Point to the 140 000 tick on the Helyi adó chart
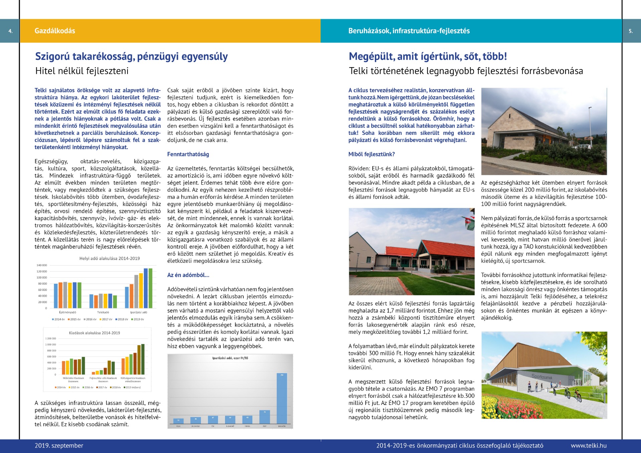click(x=42, y=265)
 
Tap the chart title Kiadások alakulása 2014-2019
click(x=94, y=333)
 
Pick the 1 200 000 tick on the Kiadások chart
click(x=51, y=338)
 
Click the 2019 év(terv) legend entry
click(x=133, y=387)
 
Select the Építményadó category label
click(x=67, y=312)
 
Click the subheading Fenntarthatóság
click(x=188, y=154)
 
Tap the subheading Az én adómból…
click(x=188, y=275)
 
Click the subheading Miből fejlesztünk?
click(x=372, y=154)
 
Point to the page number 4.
click(x=10, y=31)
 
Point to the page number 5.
click(x=631, y=31)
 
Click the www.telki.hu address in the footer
click(x=589, y=446)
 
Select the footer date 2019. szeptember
click(x=59, y=446)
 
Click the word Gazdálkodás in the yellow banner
click(x=55, y=31)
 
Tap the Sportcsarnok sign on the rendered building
click(x=542, y=377)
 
